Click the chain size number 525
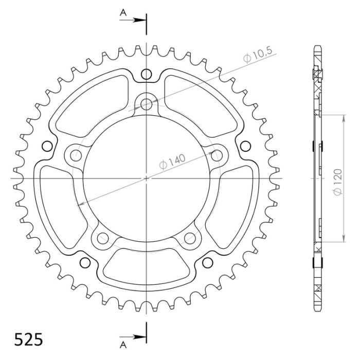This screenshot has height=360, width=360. coord(28,340)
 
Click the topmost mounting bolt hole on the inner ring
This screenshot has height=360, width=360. coord(147,104)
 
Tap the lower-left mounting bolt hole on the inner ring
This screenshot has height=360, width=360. coord(103,237)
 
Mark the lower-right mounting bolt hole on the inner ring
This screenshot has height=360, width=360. coord(190,237)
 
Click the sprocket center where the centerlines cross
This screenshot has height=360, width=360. coord(147,178)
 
